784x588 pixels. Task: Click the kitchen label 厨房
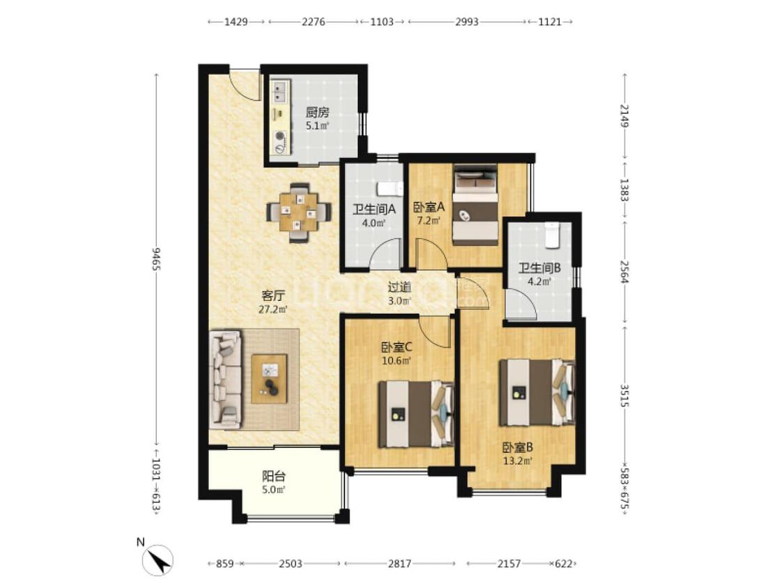coord(318,112)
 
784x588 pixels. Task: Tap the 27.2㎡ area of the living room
coord(273,309)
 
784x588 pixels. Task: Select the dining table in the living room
coord(299,213)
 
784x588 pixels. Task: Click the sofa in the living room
coord(225,380)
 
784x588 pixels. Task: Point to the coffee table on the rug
coord(269,378)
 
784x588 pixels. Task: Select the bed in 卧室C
coord(415,414)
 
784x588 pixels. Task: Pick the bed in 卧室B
coord(537,392)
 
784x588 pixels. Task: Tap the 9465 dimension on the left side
coord(156,258)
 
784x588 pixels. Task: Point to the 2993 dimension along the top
coord(466,22)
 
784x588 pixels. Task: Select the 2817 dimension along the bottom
coord(399,564)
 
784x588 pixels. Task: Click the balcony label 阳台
coord(273,477)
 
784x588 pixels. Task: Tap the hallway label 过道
coord(399,287)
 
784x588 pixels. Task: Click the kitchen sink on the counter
coord(280,91)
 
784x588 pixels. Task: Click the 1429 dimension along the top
coord(236,22)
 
